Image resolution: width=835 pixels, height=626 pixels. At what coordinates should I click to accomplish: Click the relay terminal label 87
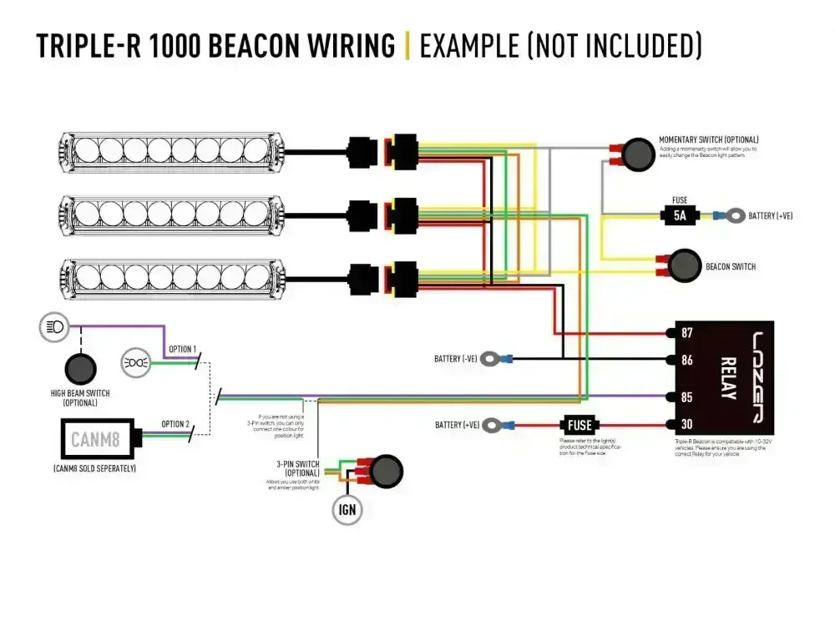point(687,332)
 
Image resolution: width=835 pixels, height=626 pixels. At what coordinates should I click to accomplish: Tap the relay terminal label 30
point(687,425)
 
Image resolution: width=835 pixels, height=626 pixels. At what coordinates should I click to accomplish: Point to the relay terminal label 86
point(687,360)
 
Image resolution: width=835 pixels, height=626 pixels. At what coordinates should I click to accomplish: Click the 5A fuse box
point(680,216)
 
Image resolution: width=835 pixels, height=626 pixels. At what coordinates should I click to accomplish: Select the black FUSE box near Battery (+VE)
point(579,425)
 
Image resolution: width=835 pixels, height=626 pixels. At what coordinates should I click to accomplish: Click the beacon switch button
point(684,265)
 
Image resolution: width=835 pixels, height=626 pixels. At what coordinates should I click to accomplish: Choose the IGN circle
point(347,508)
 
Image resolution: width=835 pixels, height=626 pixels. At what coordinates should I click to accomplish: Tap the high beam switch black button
point(80,368)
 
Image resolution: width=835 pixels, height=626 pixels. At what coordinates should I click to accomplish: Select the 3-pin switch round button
point(385,472)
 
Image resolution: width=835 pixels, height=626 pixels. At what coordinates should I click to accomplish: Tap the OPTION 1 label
point(182,348)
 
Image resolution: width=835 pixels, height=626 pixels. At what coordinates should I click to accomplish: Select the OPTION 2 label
point(175,424)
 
